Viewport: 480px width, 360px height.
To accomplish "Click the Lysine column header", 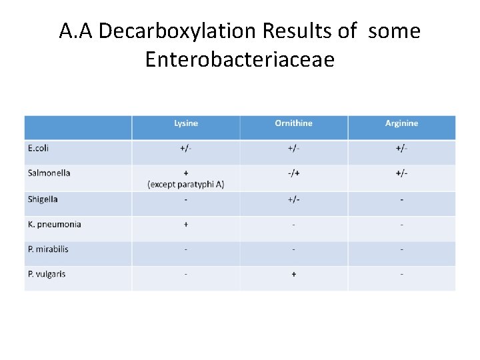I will click(186, 123).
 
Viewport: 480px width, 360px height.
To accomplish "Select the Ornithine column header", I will click(293, 123).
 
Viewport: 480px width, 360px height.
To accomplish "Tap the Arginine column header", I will click(401, 123).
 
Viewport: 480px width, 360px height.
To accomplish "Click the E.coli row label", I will click(39, 148).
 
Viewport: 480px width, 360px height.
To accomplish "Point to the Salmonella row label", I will click(49, 173).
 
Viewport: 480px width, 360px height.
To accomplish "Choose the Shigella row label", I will click(43, 199).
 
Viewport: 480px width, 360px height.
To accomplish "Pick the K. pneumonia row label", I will click(55, 224).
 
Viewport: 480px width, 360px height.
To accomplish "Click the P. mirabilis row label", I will click(48, 249).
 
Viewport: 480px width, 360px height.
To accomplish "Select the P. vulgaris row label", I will click(47, 274).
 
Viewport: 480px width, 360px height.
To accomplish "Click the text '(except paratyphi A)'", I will click(186, 184).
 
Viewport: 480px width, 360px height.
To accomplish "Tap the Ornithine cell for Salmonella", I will click(293, 173).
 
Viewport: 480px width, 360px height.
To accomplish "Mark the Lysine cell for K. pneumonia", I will click(186, 224).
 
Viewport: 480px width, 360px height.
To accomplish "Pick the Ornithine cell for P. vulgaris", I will click(293, 274).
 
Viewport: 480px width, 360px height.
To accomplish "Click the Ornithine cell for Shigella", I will click(293, 199).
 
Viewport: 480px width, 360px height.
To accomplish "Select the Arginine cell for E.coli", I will click(401, 148).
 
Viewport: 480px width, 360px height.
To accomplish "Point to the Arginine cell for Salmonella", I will click(401, 173).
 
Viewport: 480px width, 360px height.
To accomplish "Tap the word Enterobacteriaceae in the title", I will click(239, 59).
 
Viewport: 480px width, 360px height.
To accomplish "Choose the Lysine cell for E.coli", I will click(186, 148).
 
